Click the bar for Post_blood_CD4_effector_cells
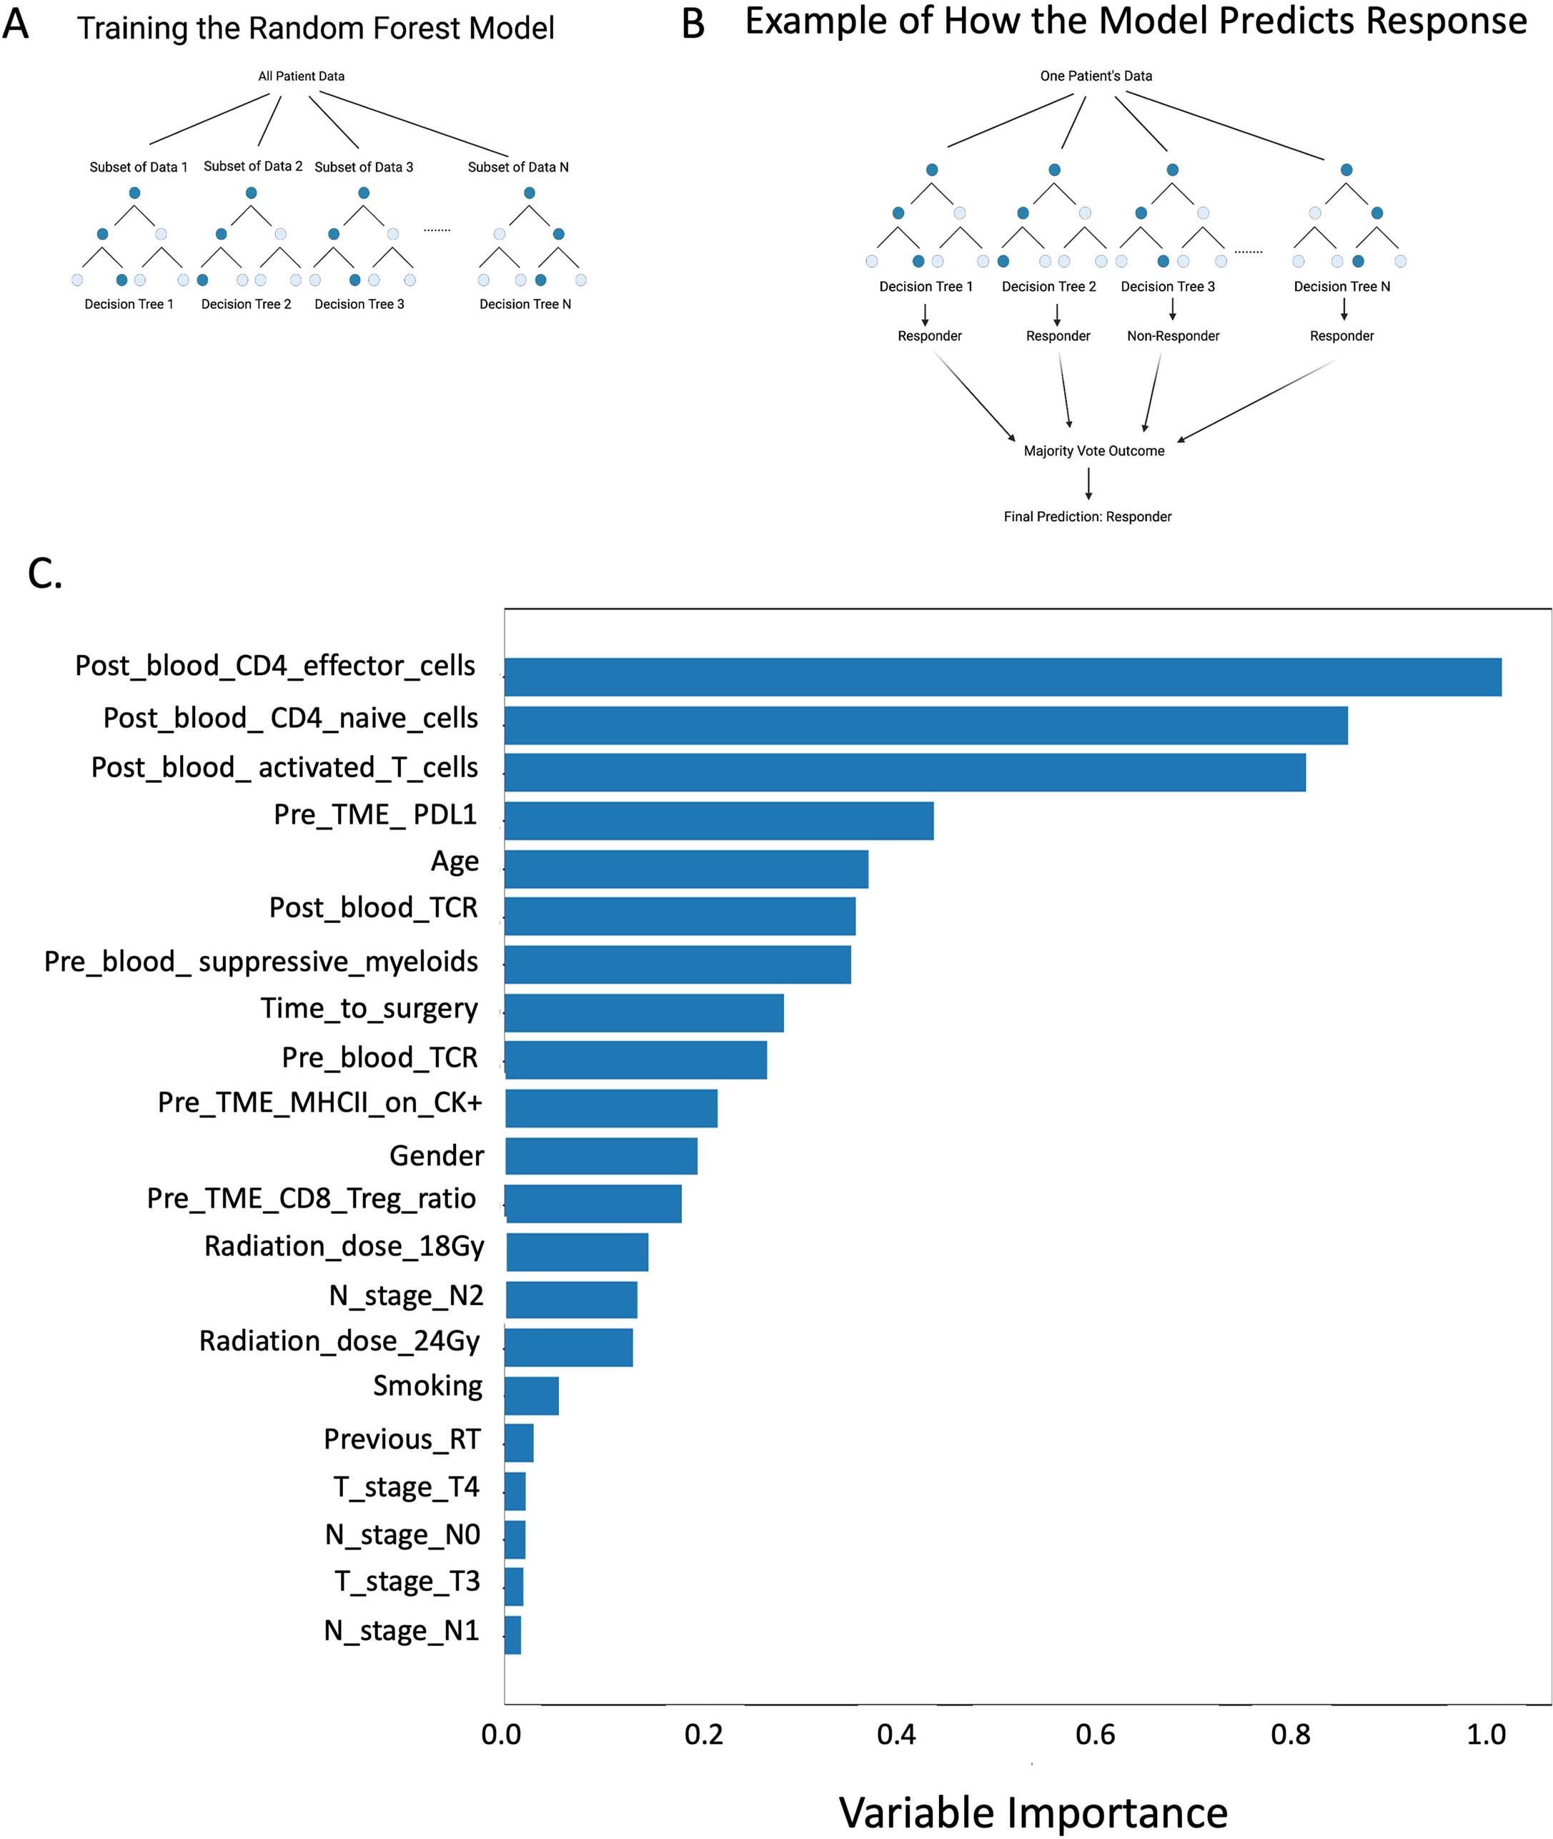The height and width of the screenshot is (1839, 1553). click(x=1002, y=676)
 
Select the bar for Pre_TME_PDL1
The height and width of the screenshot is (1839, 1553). click(x=718, y=820)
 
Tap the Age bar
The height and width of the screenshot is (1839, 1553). click(x=686, y=869)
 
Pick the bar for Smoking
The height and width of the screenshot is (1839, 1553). click(x=531, y=1395)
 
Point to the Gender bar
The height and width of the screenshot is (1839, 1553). click(x=601, y=1155)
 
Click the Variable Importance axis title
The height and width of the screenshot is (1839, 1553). click(x=1033, y=1812)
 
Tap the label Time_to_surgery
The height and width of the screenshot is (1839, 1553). click(x=369, y=1008)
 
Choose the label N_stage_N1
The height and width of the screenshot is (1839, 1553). click(x=402, y=1630)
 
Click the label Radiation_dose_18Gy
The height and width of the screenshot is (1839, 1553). click(x=344, y=1246)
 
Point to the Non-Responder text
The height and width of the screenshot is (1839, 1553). click(x=1173, y=335)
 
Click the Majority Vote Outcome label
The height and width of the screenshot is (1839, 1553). click(x=1093, y=451)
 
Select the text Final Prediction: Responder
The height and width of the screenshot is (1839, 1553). click(x=1087, y=517)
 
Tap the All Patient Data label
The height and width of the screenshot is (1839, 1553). click(x=301, y=77)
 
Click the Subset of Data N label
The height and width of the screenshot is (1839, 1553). click(x=517, y=167)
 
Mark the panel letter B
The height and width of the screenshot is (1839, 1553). click(x=693, y=24)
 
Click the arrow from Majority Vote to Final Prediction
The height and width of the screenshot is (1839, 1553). click(x=1089, y=483)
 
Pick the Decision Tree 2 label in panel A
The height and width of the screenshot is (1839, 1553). click(x=246, y=304)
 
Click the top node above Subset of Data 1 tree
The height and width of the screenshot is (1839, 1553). click(x=134, y=193)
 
